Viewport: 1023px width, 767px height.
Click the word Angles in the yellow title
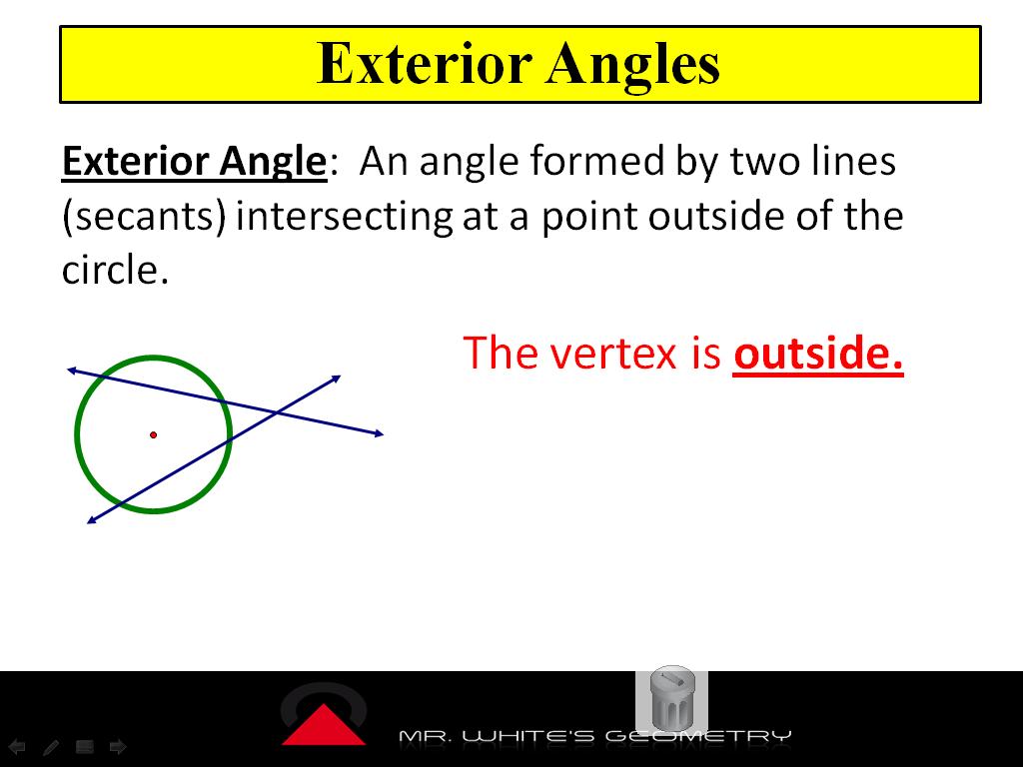click(633, 64)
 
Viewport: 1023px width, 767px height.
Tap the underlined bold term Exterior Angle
click(194, 162)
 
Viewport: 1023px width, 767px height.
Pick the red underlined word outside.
click(818, 354)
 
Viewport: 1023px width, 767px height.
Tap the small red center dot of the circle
click(153, 435)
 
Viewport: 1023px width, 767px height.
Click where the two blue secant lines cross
click(276, 412)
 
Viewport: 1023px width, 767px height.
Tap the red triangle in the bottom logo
click(323, 725)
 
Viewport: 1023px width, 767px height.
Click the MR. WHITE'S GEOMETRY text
click(594, 737)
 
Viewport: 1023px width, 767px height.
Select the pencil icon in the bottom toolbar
click(51, 746)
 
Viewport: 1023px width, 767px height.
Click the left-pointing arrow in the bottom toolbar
click(17, 746)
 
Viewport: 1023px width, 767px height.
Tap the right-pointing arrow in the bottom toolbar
click(117, 746)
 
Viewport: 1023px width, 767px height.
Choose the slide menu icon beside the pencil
click(84, 746)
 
